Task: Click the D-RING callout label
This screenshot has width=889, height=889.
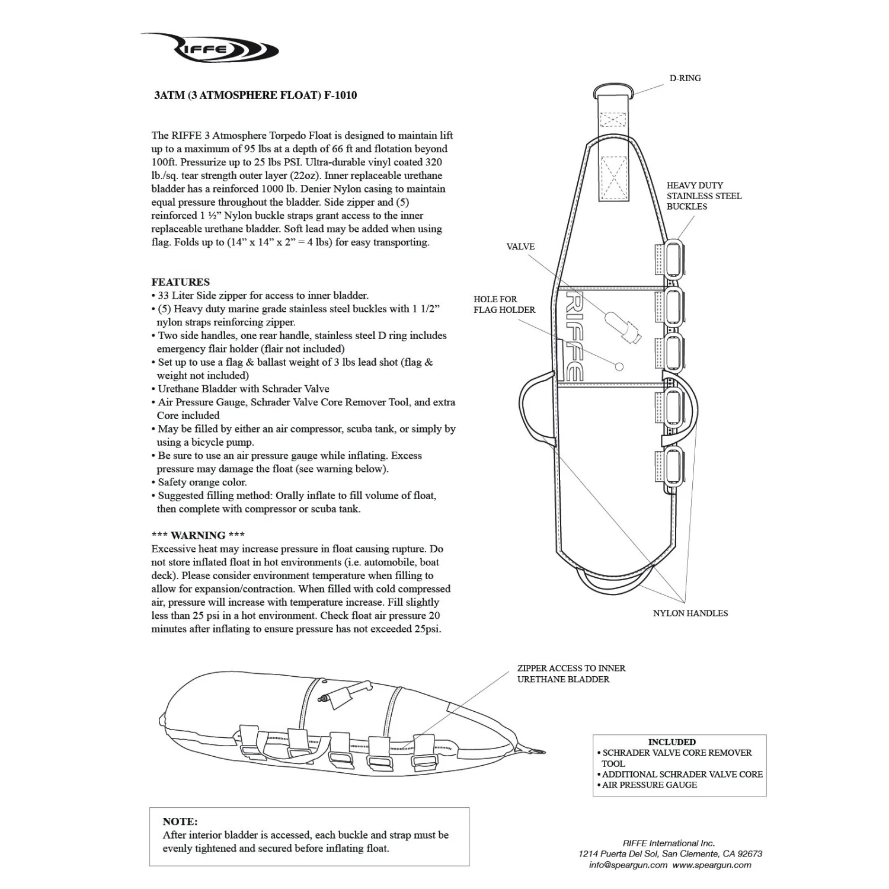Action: tap(685, 78)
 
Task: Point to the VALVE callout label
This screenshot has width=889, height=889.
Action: tap(520, 247)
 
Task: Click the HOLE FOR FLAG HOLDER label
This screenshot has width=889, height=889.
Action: tap(504, 305)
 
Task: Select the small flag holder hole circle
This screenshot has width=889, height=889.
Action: tap(619, 366)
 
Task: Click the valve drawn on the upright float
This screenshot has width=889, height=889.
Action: tap(622, 327)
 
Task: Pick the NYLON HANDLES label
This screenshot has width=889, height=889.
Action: tap(690, 613)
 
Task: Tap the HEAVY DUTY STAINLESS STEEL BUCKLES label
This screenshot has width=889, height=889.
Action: tap(703, 196)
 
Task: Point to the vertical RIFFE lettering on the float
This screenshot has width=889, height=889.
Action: tap(573, 335)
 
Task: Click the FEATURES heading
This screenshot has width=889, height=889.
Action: tap(180, 282)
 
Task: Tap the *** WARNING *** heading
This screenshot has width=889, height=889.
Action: tap(198, 535)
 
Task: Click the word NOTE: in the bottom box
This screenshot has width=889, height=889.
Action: tap(180, 821)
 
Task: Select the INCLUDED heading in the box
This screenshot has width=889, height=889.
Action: tap(671, 742)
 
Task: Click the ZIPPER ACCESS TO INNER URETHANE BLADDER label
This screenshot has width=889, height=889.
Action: tap(571, 674)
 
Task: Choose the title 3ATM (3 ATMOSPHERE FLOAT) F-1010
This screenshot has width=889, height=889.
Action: tap(255, 95)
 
